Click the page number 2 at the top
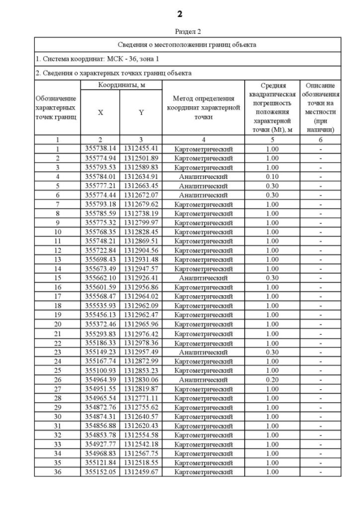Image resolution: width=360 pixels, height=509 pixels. [180, 14]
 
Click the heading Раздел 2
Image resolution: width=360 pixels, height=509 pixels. [180, 32]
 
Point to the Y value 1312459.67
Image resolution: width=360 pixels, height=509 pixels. [141, 471]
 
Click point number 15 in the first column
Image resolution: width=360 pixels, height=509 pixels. [57, 278]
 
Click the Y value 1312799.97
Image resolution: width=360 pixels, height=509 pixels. [141, 222]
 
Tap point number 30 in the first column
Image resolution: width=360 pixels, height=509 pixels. [57, 416]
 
